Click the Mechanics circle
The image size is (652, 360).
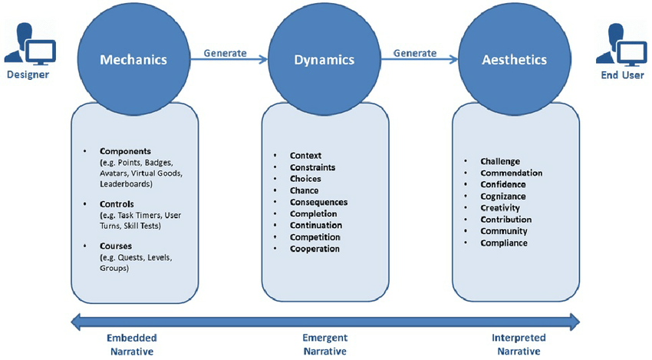[x=133, y=60]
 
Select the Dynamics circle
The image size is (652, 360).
[x=324, y=60]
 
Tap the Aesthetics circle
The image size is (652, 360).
[x=515, y=60]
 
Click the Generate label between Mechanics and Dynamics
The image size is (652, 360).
[x=225, y=53]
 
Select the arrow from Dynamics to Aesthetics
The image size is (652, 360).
[x=420, y=60]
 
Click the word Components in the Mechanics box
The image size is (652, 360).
[x=125, y=151]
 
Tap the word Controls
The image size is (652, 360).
[x=117, y=204]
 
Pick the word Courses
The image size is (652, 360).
[x=116, y=246]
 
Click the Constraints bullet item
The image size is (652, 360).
[x=313, y=167]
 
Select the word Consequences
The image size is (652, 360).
[x=318, y=203]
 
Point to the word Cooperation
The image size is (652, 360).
[x=314, y=249]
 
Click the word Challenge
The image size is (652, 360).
[x=500, y=161]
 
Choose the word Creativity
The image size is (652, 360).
[x=500, y=208]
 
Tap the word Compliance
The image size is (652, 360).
[x=504, y=243]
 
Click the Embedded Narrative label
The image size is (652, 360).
[x=132, y=345]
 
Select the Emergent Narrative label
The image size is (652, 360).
[x=325, y=345]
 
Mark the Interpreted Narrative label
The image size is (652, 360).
[x=519, y=345]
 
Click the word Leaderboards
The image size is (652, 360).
[x=126, y=184]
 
